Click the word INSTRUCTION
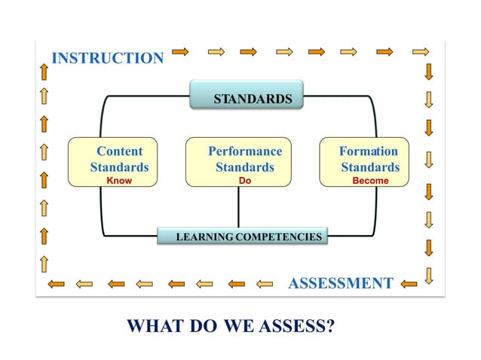[x=107, y=58]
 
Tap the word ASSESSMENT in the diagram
[x=341, y=283]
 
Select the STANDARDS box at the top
[x=246, y=98]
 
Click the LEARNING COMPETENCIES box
[x=244, y=236]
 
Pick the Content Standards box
[x=119, y=161]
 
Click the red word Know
[x=119, y=181]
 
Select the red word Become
[x=370, y=181]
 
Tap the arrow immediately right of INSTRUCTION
[x=181, y=52]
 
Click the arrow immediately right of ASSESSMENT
[x=409, y=284]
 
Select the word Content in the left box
[x=119, y=151]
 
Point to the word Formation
[x=369, y=151]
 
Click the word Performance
[x=245, y=151]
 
